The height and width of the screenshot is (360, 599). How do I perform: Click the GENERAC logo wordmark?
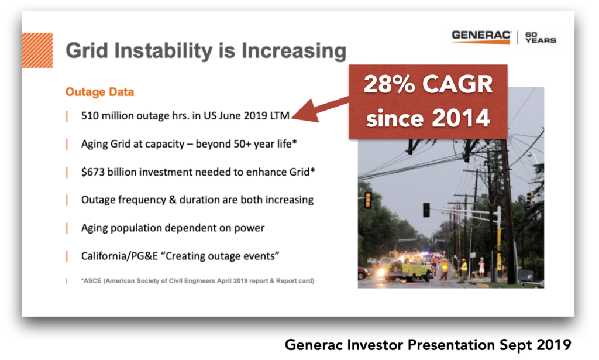point(481,36)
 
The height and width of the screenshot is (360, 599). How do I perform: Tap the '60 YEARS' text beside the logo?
point(540,37)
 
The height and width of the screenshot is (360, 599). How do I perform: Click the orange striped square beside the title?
point(37,50)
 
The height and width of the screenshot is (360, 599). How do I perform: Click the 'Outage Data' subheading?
point(99,92)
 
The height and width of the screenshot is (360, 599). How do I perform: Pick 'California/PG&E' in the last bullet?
point(119,256)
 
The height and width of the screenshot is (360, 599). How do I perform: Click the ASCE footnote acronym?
point(92,281)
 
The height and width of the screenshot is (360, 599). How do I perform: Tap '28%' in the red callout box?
point(389,84)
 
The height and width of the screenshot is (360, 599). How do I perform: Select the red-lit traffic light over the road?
point(426,210)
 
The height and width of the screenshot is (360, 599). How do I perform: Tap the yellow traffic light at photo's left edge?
point(368,200)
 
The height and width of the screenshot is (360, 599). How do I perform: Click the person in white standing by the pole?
point(481,268)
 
